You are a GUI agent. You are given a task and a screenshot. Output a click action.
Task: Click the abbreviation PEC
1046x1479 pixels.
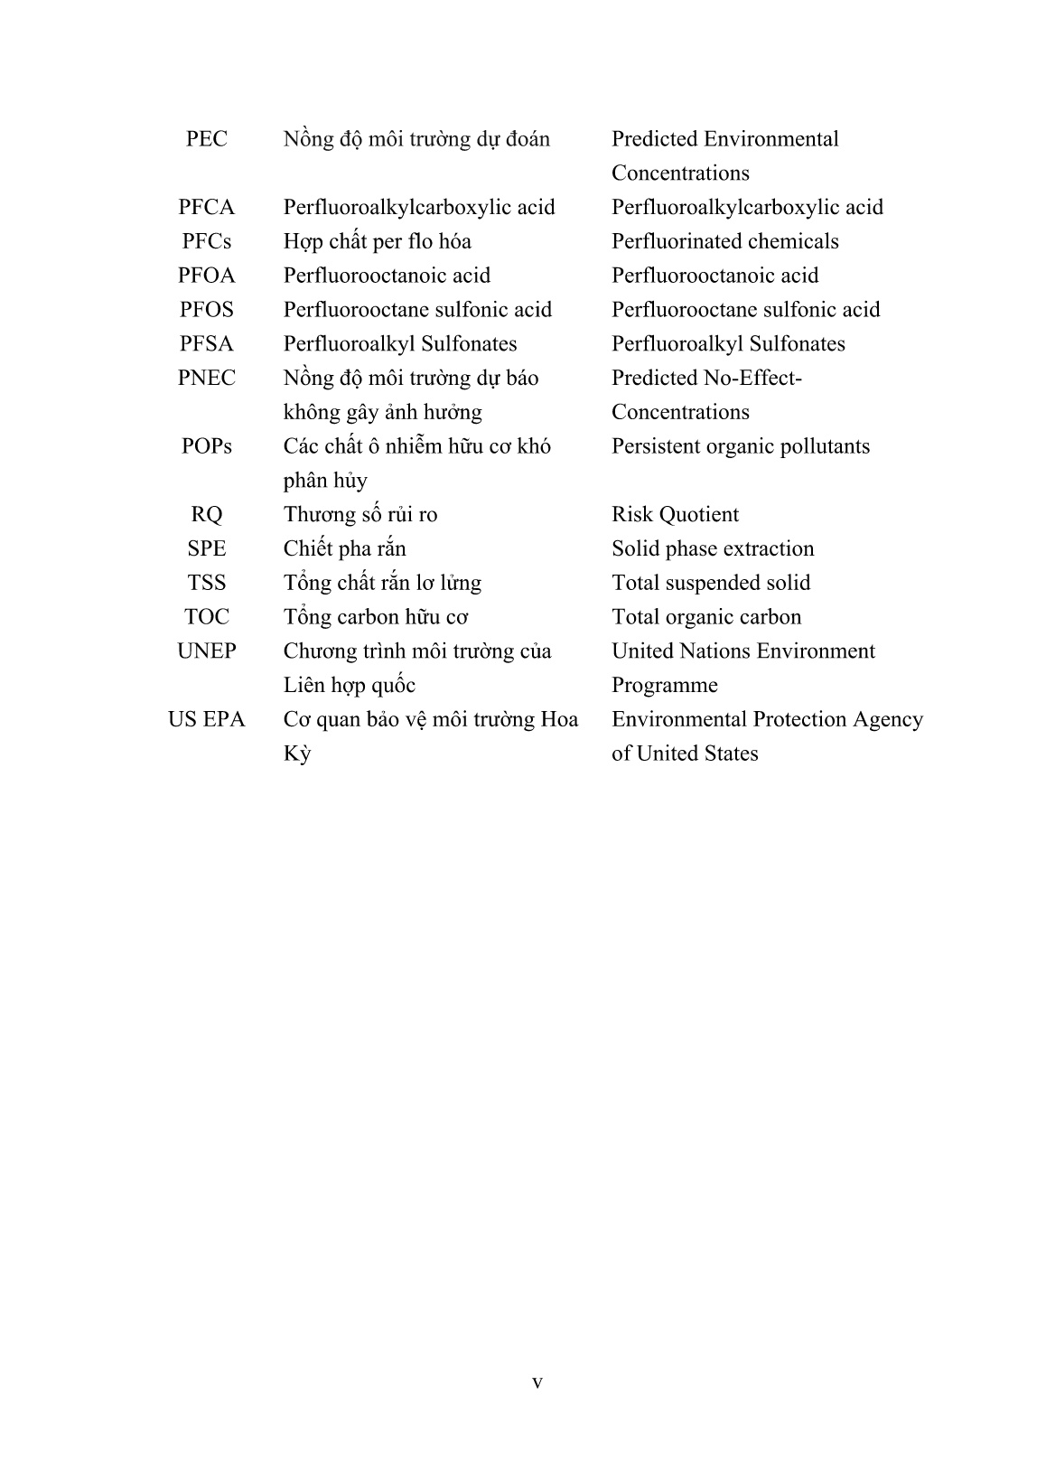click(x=206, y=139)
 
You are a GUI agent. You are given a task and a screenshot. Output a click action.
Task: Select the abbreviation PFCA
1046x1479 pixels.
click(x=206, y=208)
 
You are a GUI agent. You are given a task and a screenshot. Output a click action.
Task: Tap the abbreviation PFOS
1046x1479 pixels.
click(x=206, y=310)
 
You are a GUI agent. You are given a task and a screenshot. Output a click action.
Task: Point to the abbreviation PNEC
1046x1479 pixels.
click(x=206, y=379)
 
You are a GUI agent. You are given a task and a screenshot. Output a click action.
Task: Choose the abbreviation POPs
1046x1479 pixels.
click(x=206, y=446)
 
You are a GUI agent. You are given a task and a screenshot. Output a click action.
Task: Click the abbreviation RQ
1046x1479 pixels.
click(x=206, y=515)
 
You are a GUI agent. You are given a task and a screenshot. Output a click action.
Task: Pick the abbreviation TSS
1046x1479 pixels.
click(x=206, y=584)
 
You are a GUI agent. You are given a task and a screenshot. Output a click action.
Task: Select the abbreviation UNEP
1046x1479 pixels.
click(x=206, y=651)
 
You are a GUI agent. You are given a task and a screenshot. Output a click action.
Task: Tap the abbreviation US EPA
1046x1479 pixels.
click(x=206, y=720)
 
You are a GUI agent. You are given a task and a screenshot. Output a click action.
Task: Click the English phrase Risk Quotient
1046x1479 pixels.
click(x=675, y=515)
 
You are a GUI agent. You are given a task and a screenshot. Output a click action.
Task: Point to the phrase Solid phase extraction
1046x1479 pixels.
click(x=713, y=549)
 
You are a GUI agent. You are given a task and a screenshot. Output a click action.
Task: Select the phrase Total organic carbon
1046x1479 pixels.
click(x=706, y=617)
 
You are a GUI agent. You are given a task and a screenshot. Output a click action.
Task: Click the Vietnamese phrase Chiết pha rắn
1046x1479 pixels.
click(x=344, y=549)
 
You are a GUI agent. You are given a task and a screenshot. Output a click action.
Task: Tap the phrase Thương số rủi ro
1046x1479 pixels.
click(x=360, y=515)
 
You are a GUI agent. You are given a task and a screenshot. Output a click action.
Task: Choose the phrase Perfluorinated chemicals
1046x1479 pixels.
click(x=724, y=242)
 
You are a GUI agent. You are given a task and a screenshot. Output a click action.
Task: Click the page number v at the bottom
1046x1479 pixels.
click(x=537, y=1382)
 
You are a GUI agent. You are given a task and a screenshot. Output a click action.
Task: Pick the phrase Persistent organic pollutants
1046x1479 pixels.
click(x=741, y=446)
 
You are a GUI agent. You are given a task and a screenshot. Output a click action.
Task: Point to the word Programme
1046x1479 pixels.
click(x=664, y=686)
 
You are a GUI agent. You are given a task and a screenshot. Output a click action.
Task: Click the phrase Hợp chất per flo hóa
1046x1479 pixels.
click(x=377, y=242)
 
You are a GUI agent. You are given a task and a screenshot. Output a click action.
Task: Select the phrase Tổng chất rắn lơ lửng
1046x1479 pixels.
click(x=382, y=584)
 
